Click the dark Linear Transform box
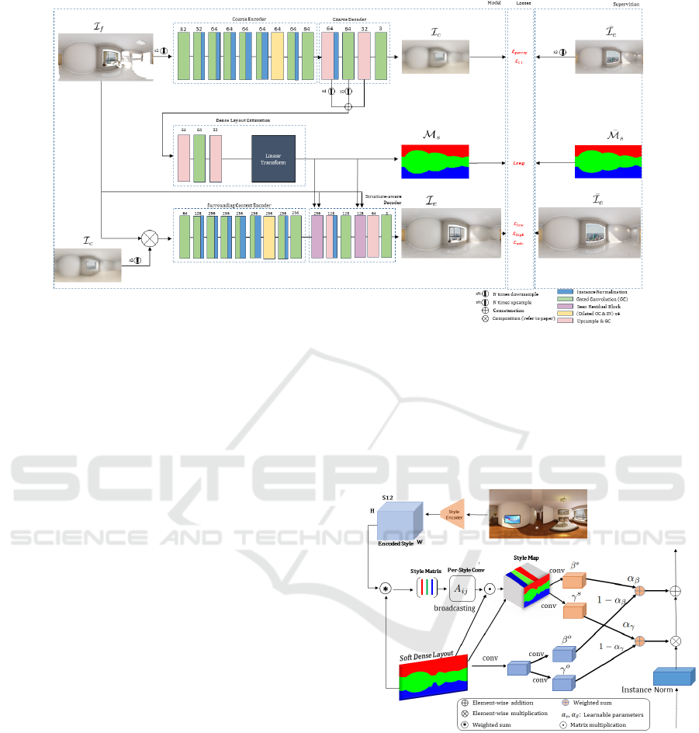(273, 158)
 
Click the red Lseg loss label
(518, 163)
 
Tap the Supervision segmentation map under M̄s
(607, 162)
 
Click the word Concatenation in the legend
(513, 310)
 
